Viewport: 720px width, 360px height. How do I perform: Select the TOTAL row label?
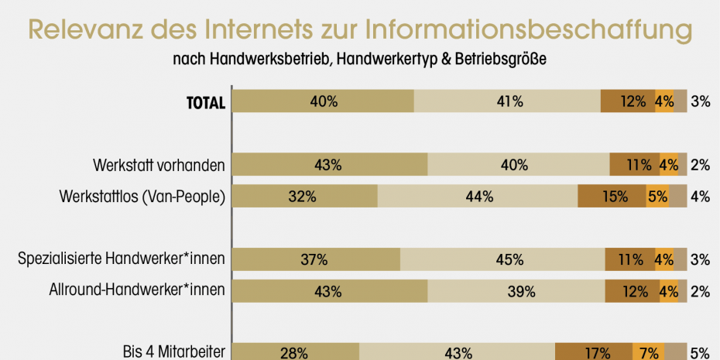(x=205, y=102)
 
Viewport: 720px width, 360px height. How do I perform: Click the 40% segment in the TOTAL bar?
(x=323, y=101)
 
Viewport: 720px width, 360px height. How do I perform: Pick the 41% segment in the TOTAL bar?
(x=507, y=101)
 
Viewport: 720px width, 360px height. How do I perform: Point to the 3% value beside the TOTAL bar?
(x=700, y=101)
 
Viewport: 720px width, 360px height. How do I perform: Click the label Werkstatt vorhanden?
(x=159, y=165)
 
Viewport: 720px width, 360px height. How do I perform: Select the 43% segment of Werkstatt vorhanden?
(x=329, y=165)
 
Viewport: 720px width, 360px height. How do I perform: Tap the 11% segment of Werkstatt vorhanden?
(x=634, y=165)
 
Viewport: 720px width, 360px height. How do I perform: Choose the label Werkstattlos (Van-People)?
(x=142, y=197)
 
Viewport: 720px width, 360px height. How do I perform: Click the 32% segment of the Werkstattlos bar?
(x=304, y=197)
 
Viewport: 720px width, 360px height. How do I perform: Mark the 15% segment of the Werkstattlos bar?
(x=612, y=197)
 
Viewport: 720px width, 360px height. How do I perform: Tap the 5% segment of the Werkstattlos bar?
(x=657, y=197)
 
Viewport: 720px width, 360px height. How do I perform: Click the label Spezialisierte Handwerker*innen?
(x=122, y=259)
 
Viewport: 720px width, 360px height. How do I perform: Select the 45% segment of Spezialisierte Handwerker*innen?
(x=502, y=259)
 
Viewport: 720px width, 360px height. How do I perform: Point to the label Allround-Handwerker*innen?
(x=136, y=291)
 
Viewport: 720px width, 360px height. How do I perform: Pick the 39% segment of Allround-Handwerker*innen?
(x=516, y=291)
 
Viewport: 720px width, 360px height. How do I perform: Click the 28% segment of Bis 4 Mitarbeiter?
(x=295, y=353)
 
